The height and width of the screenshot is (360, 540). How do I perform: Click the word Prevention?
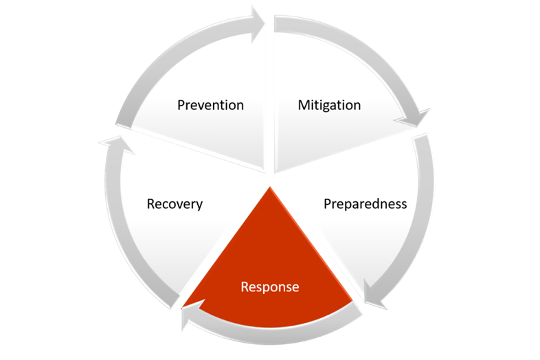tap(210, 105)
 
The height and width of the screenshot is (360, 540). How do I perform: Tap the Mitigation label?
tap(329, 105)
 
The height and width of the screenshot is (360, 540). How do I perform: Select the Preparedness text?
tap(365, 204)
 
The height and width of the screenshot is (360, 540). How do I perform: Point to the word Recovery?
tap(175, 204)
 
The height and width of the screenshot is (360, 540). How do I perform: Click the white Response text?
tap(269, 286)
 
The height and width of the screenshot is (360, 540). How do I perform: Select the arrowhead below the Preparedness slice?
tap(374, 302)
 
